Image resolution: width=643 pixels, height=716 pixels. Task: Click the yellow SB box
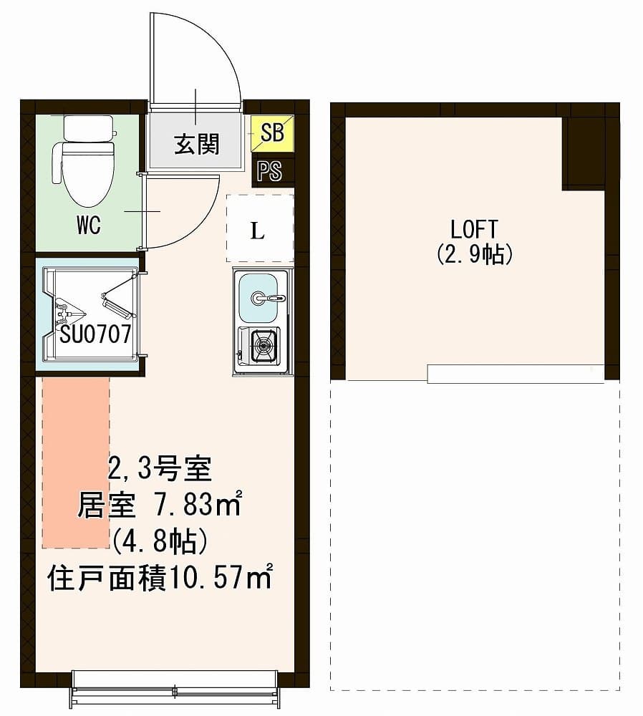point(272,133)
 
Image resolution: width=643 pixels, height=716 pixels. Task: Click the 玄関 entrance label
point(196,145)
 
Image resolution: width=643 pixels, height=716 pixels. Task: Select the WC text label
point(89,225)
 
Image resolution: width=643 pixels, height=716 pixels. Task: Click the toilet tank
point(89,128)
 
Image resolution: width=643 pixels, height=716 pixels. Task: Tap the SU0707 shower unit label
point(95,334)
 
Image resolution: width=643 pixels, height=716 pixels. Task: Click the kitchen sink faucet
point(268,298)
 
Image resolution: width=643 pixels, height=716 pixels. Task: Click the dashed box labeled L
point(260,228)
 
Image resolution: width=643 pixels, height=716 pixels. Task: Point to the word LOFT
point(473,229)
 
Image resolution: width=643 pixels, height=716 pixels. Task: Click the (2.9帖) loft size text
point(474,254)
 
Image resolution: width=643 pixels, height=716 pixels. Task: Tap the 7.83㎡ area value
point(196,504)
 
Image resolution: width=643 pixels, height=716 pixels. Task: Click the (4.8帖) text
point(160,542)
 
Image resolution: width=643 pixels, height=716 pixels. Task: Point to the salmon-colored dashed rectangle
point(76,462)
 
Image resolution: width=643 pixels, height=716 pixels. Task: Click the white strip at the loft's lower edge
point(516,374)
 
